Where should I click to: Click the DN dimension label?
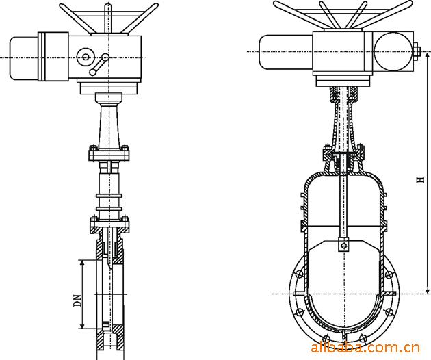79,300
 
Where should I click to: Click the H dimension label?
421,180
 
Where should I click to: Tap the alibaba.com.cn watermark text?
365,348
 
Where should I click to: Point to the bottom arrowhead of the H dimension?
427,291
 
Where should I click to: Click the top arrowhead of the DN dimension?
81,263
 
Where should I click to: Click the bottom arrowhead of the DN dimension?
81,325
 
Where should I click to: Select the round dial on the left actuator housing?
86,57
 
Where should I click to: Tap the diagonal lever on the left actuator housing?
99,64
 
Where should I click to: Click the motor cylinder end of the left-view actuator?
24,58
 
